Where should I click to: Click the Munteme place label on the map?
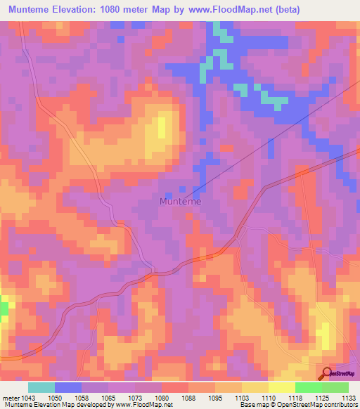[181, 202]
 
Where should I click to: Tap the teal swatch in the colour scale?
[41, 387]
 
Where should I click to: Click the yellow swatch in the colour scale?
[282, 387]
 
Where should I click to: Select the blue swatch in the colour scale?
[68, 387]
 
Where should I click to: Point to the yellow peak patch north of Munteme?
[162, 127]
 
